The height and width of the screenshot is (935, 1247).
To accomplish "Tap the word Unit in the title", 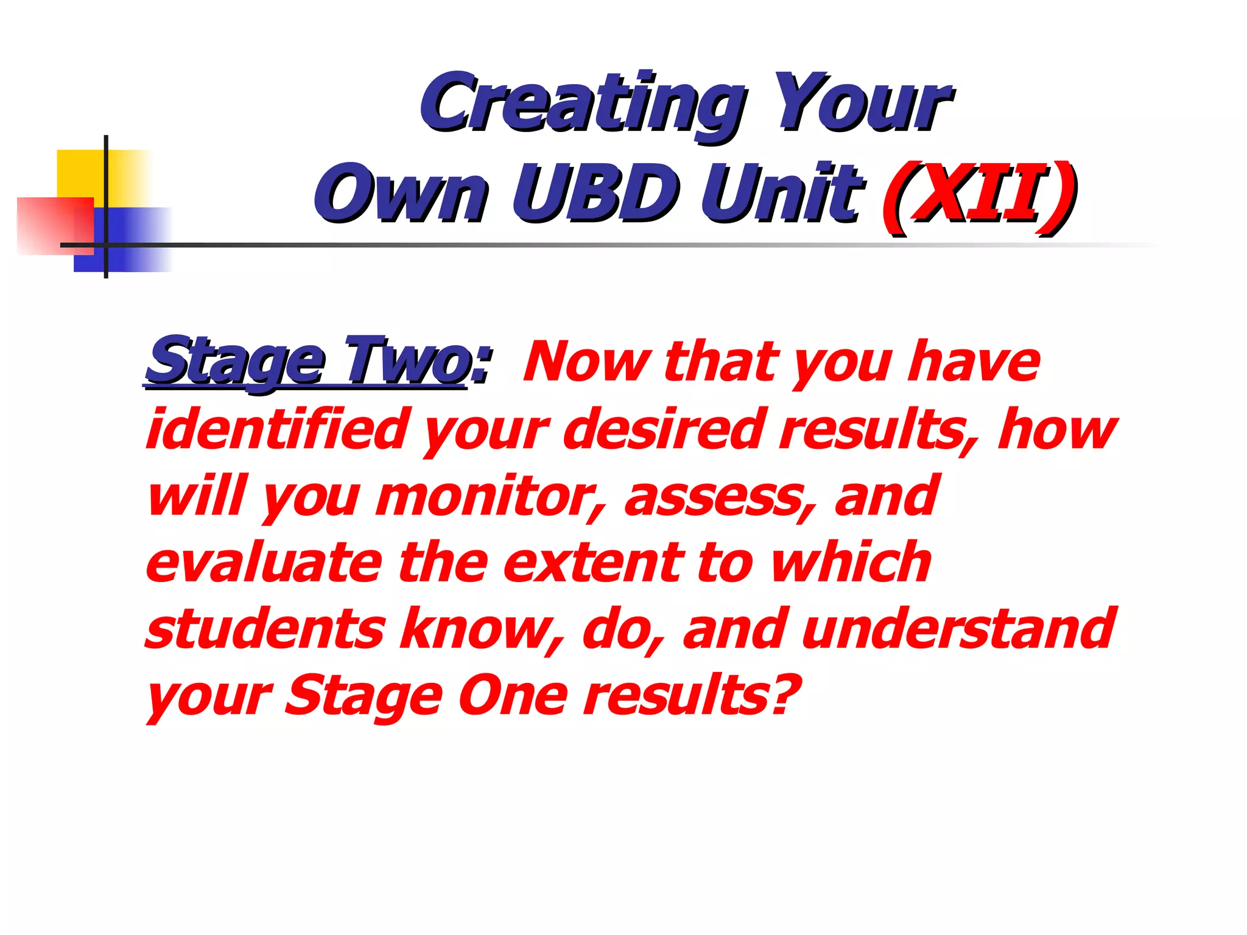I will click(x=782, y=194).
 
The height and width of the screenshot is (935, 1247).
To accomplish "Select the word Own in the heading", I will click(x=402, y=194).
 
